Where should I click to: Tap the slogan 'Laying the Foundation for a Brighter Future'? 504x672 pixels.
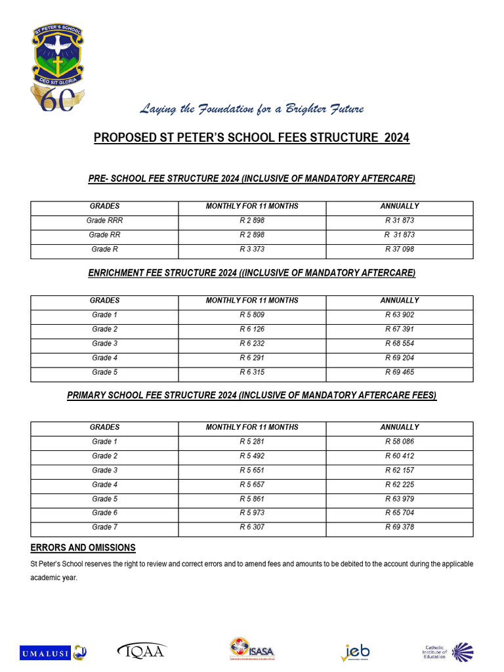(251, 109)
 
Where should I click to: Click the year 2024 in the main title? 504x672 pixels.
(396, 138)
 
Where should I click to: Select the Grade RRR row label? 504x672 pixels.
(105, 220)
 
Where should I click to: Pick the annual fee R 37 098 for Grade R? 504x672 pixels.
(399, 249)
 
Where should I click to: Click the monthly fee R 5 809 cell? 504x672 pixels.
(252, 315)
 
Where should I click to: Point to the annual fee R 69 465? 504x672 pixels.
(399, 373)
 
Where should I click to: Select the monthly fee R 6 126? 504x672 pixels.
(252, 329)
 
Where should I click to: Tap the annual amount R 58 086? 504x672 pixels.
(399, 442)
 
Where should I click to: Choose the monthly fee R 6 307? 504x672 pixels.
(252, 528)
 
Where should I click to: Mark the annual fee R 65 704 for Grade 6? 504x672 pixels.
(399, 513)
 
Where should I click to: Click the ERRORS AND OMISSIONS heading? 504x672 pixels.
(83, 547)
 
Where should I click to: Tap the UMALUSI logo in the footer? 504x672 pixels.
(52, 652)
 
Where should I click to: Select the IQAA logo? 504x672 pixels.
(142, 650)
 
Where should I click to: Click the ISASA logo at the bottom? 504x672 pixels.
(252, 650)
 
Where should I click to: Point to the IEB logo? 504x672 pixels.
(355, 652)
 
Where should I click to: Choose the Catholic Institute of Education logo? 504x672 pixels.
(447, 651)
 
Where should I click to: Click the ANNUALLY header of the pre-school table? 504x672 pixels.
(399, 206)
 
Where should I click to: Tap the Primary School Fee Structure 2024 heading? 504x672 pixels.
(252, 395)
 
